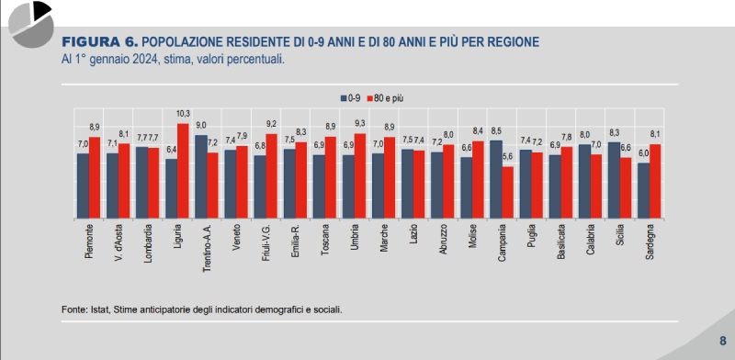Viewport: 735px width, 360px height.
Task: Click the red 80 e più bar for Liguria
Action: (x=183, y=172)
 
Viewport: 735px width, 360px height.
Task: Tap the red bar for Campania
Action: (x=508, y=193)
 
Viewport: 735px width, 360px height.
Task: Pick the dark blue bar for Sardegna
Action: (x=644, y=191)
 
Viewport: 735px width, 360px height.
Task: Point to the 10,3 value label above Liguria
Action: (x=183, y=114)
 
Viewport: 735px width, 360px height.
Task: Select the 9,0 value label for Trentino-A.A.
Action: (x=201, y=126)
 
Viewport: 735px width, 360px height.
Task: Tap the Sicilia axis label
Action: (x=620, y=241)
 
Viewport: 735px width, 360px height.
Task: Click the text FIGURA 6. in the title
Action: (x=99, y=42)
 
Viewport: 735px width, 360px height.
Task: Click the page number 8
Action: (x=722, y=341)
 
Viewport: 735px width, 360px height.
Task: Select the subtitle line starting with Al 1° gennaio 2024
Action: (x=173, y=59)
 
